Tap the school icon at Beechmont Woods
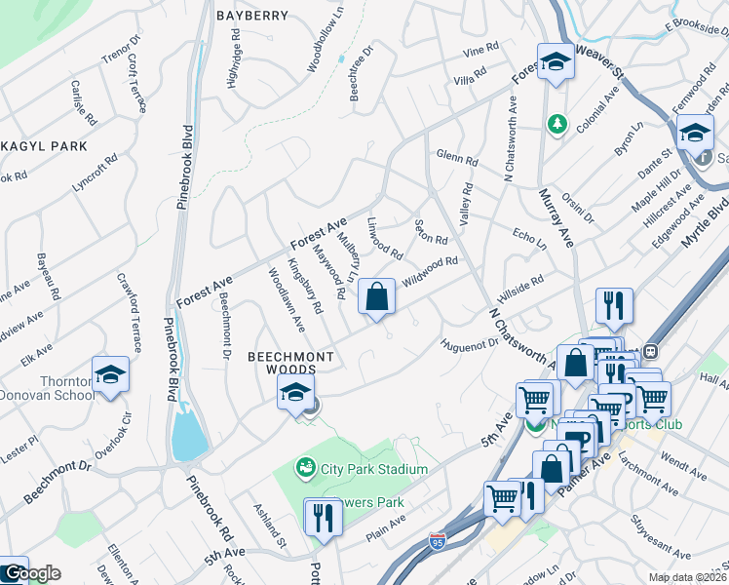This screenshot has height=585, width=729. coord(293,394)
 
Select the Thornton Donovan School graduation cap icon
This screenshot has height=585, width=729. coord(111,375)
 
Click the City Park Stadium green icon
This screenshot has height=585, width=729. coord(306,469)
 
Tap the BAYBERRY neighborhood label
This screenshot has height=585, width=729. coord(252,16)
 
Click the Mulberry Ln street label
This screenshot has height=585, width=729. coord(349,253)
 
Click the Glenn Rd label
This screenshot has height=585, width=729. coord(457,158)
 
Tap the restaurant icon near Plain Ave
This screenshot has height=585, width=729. coord(319,517)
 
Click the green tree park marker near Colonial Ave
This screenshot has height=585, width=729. coord(556,124)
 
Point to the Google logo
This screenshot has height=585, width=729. coord(31,574)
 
